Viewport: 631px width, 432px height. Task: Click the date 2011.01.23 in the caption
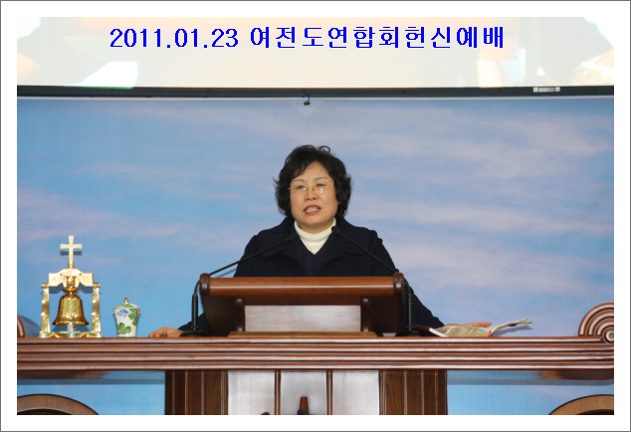(174, 38)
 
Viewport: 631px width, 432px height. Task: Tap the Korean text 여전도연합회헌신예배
(376, 38)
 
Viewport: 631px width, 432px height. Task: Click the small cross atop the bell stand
(71, 251)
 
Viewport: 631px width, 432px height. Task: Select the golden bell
(71, 308)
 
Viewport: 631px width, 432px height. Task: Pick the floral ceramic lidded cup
(126, 318)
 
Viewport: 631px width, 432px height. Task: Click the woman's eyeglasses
(312, 187)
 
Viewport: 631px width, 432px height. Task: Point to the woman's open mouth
(313, 209)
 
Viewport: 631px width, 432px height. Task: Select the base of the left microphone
(194, 332)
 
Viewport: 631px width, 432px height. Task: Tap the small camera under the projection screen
(307, 101)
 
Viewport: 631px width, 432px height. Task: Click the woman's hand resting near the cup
(166, 332)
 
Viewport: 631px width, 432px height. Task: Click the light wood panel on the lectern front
(303, 319)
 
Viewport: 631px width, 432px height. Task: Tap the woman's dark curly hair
(313, 169)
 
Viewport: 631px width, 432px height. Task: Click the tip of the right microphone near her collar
(334, 229)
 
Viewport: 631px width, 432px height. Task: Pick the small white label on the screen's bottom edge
(546, 90)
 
